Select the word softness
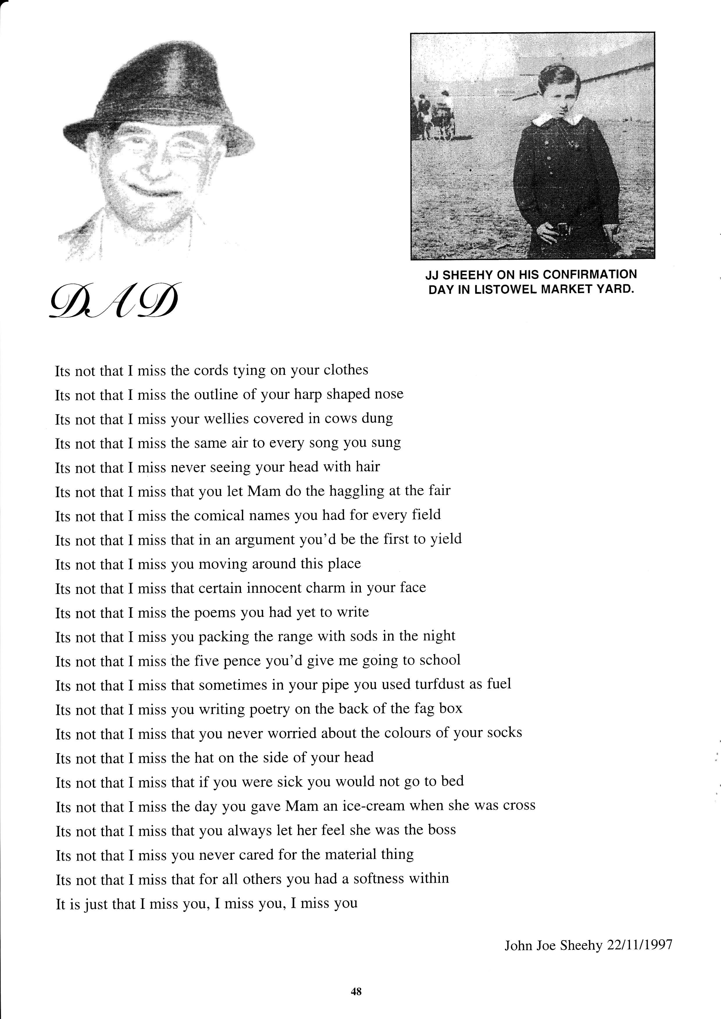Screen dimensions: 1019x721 (x=379, y=878)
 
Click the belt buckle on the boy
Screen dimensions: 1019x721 (x=563, y=229)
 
